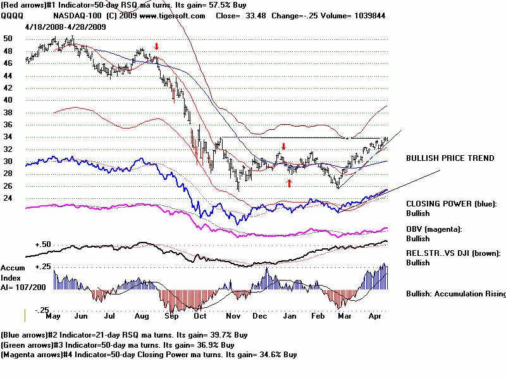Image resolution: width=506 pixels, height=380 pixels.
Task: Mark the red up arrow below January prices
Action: [290, 183]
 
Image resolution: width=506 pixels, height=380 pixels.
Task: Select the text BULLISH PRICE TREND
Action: [450, 158]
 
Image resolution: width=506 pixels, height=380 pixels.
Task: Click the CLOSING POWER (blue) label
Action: [452, 204]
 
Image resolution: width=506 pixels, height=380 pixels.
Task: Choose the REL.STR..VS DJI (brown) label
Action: [453, 253]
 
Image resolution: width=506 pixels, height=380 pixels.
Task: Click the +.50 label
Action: [42, 244]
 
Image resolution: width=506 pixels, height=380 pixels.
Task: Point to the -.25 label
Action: [42, 309]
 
